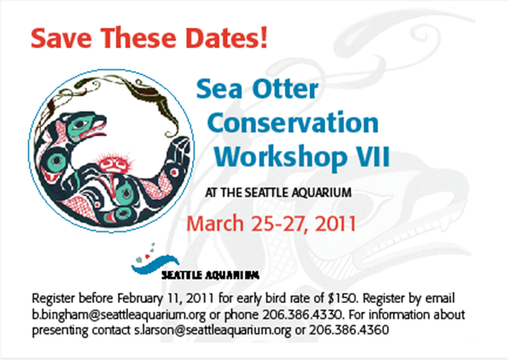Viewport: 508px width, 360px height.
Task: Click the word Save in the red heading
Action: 61,38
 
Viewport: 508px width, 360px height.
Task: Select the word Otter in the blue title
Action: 286,89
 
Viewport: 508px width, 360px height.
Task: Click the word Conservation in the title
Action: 293,123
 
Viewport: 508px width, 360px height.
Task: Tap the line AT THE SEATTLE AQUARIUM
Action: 279,192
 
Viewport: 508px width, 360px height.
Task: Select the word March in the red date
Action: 214,223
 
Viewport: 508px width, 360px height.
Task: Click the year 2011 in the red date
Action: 336,223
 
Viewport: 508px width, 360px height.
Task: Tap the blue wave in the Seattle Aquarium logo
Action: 155,263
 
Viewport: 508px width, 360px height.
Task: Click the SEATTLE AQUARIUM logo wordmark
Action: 210,275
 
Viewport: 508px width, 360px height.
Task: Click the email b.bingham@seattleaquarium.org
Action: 119,315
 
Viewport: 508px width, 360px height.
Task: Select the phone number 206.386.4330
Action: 302,314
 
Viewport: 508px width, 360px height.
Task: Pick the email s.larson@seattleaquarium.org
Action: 213,330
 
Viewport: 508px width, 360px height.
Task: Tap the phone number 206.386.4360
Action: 349,330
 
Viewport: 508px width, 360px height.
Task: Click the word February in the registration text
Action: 139,298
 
